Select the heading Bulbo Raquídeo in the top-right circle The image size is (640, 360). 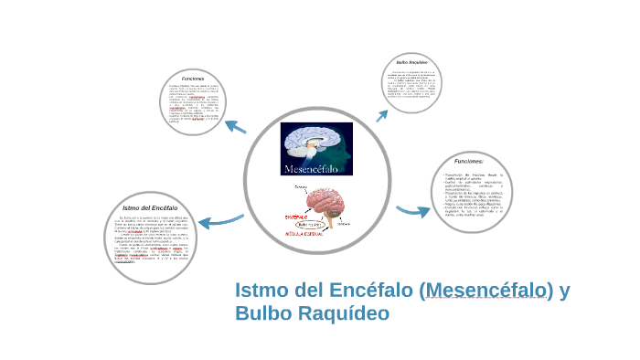411,62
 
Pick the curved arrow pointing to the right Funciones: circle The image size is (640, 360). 412,211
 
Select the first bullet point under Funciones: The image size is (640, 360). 480,176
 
